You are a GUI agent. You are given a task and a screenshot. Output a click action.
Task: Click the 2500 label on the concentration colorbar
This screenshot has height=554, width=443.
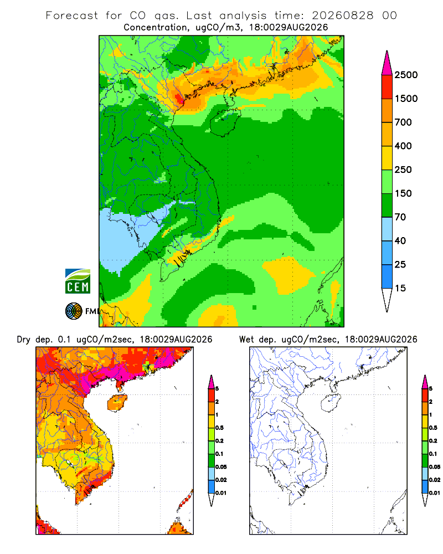[406, 75]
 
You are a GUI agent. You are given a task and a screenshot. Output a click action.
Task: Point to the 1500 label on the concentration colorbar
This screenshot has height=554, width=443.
[406, 99]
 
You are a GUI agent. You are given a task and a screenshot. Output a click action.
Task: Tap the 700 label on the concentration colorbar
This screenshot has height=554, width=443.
[403, 122]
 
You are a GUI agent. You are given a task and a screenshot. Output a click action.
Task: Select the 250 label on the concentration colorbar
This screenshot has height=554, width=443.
[403, 170]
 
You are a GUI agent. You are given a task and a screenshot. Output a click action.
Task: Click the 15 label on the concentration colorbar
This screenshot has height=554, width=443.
[400, 288]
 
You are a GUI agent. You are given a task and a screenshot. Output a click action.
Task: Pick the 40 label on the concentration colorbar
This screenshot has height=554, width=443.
[400, 240]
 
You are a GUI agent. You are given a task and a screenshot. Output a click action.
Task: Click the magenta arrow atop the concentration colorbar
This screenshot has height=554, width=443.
[387, 63]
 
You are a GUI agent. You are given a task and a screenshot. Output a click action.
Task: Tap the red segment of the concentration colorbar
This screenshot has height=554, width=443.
[387, 87]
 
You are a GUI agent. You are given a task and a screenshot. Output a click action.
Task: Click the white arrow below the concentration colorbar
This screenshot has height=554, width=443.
[387, 300]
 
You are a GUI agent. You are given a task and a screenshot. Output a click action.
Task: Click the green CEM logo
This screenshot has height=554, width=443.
[78, 281]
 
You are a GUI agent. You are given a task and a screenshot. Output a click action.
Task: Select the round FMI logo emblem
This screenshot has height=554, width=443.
[74, 311]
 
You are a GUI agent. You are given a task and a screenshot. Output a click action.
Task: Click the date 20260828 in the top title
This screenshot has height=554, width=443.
[342, 16]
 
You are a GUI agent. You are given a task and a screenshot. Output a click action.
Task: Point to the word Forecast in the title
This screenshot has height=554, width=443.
[72, 16]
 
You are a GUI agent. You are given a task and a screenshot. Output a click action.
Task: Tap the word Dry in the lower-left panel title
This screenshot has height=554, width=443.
[24, 340]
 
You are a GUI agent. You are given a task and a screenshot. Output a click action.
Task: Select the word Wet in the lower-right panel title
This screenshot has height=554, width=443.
[246, 340]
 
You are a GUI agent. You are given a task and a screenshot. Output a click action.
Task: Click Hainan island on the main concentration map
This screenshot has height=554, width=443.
[225, 122]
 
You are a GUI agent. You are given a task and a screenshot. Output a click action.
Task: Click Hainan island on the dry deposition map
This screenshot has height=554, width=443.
[117, 403]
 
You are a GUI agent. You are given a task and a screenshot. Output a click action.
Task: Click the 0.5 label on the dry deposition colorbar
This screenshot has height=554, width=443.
[219, 428]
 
